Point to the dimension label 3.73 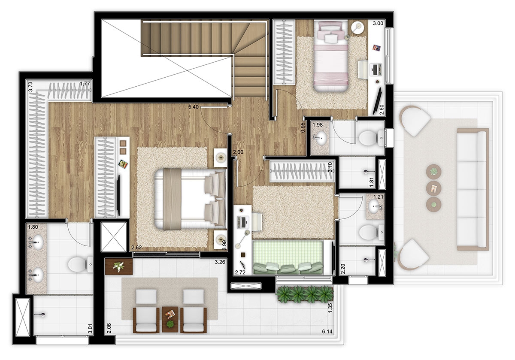pos(30,88)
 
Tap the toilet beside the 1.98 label pos(368,138)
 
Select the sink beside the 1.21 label pos(376,207)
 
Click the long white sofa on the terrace pos(473,189)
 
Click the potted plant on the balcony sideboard pos(118,266)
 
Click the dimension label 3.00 pos(378,24)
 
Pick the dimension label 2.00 pos(238,152)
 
